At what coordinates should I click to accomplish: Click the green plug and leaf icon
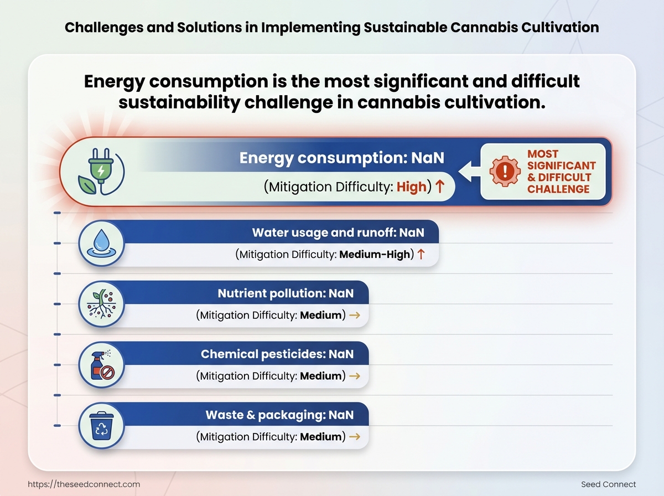[101, 171]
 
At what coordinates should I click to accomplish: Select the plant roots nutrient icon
[102, 304]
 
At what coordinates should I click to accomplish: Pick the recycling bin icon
[101, 426]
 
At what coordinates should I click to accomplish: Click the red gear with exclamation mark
[505, 171]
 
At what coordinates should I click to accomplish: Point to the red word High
[412, 187]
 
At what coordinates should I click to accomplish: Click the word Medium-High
[375, 254]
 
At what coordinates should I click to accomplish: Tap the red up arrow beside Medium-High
[421, 254]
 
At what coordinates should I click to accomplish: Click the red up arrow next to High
[440, 186]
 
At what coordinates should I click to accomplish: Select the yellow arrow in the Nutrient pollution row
[355, 315]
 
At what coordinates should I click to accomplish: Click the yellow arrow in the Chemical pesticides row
[355, 376]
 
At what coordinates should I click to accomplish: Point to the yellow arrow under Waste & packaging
[355, 437]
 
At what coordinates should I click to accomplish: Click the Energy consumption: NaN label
[342, 158]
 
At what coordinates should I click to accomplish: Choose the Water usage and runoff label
[338, 232]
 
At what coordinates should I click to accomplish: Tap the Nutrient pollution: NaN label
[286, 293]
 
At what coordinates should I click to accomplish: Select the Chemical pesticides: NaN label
[277, 354]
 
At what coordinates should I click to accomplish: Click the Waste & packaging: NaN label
[279, 415]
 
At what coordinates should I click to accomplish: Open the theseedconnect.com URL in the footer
[84, 484]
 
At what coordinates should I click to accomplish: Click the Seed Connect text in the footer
[608, 484]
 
